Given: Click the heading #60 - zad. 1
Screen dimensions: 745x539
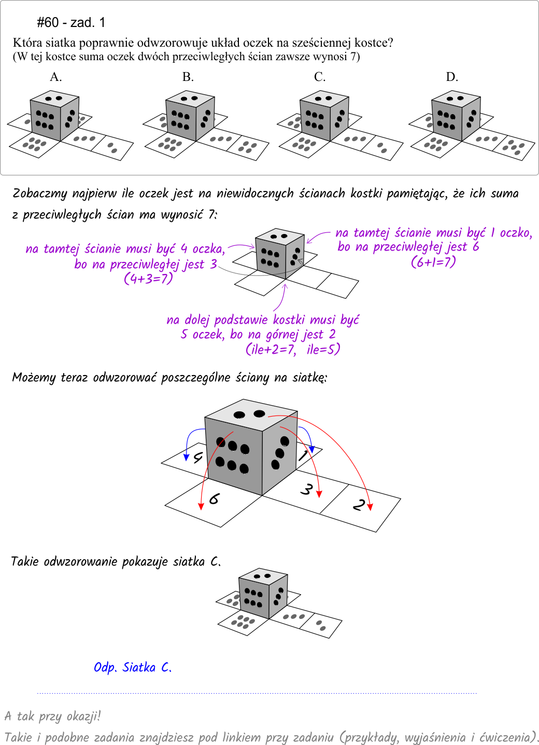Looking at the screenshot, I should click(x=71, y=22).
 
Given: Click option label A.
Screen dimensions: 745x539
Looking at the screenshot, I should click(x=56, y=77).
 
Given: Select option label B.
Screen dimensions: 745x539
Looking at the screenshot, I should click(x=188, y=77).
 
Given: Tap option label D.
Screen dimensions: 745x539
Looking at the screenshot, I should click(x=452, y=77).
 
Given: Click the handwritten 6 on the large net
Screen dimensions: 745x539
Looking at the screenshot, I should click(x=214, y=499).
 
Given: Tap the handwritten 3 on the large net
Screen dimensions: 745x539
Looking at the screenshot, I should click(x=307, y=489).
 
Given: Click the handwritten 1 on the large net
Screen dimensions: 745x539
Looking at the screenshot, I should click(x=303, y=456).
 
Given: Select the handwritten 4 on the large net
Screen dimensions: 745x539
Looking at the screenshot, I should click(x=198, y=458).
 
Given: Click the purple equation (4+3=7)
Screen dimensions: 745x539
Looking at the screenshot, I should click(x=148, y=279).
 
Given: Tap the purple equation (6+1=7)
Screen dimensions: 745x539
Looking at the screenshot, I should click(x=433, y=261).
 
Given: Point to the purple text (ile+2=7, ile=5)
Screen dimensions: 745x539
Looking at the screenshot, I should click(x=293, y=349).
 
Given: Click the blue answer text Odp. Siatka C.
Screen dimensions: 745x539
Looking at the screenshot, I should click(x=133, y=667).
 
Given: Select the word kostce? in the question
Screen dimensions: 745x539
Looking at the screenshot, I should click(x=374, y=43).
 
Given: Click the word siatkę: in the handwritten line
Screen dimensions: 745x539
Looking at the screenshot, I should click(x=309, y=378).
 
